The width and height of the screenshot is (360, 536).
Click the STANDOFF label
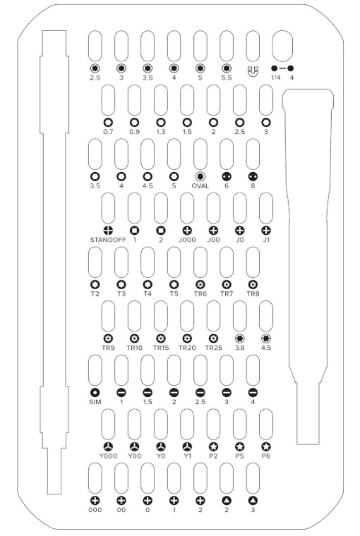(108, 240)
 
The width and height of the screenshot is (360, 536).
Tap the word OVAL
(200, 185)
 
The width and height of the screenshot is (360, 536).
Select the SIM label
(95, 402)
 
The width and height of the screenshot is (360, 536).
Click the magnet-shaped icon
(253, 71)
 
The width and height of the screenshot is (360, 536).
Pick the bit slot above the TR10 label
(135, 316)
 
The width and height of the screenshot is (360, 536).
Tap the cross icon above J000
(187, 231)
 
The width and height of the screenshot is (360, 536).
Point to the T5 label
(174, 293)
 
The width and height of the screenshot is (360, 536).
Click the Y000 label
(108, 456)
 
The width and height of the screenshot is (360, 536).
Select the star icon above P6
(266, 446)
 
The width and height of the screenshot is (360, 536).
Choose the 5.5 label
(227, 78)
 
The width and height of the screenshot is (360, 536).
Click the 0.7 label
(108, 132)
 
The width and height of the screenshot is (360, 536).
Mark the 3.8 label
(239, 348)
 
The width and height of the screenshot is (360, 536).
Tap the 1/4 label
(275, 78)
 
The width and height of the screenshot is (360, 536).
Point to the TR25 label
(214, 348)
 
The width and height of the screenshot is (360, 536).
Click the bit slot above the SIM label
(95, 370)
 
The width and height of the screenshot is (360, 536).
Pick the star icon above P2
(214, 446)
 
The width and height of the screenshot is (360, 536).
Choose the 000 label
(95, 510)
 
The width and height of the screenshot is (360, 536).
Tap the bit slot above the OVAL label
(200, 154)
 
